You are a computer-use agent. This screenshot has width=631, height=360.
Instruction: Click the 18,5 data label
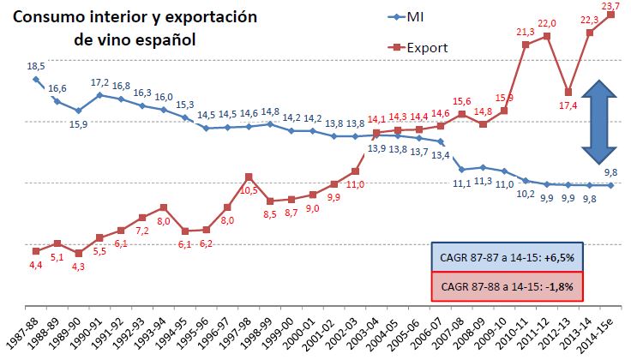pos(36,66)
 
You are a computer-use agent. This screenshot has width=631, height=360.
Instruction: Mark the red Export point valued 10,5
pos(248,177)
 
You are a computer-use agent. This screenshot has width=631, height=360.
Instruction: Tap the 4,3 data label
pos(79,267)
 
